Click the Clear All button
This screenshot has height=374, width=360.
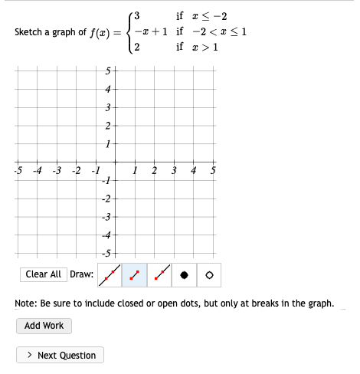pyautogui.click(x=44, y=274)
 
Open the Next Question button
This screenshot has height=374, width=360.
pyautogui.click(x=61, y=355)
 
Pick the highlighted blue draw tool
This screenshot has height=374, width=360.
pyautogui.click(x=136, y=274)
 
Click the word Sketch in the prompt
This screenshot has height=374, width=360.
pyautogui.click(x=31, y=32)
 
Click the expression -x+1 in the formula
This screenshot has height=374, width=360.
pyautogui.click(x=152, y=32)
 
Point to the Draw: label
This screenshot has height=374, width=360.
pyautogui.click(x=82, y=274)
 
